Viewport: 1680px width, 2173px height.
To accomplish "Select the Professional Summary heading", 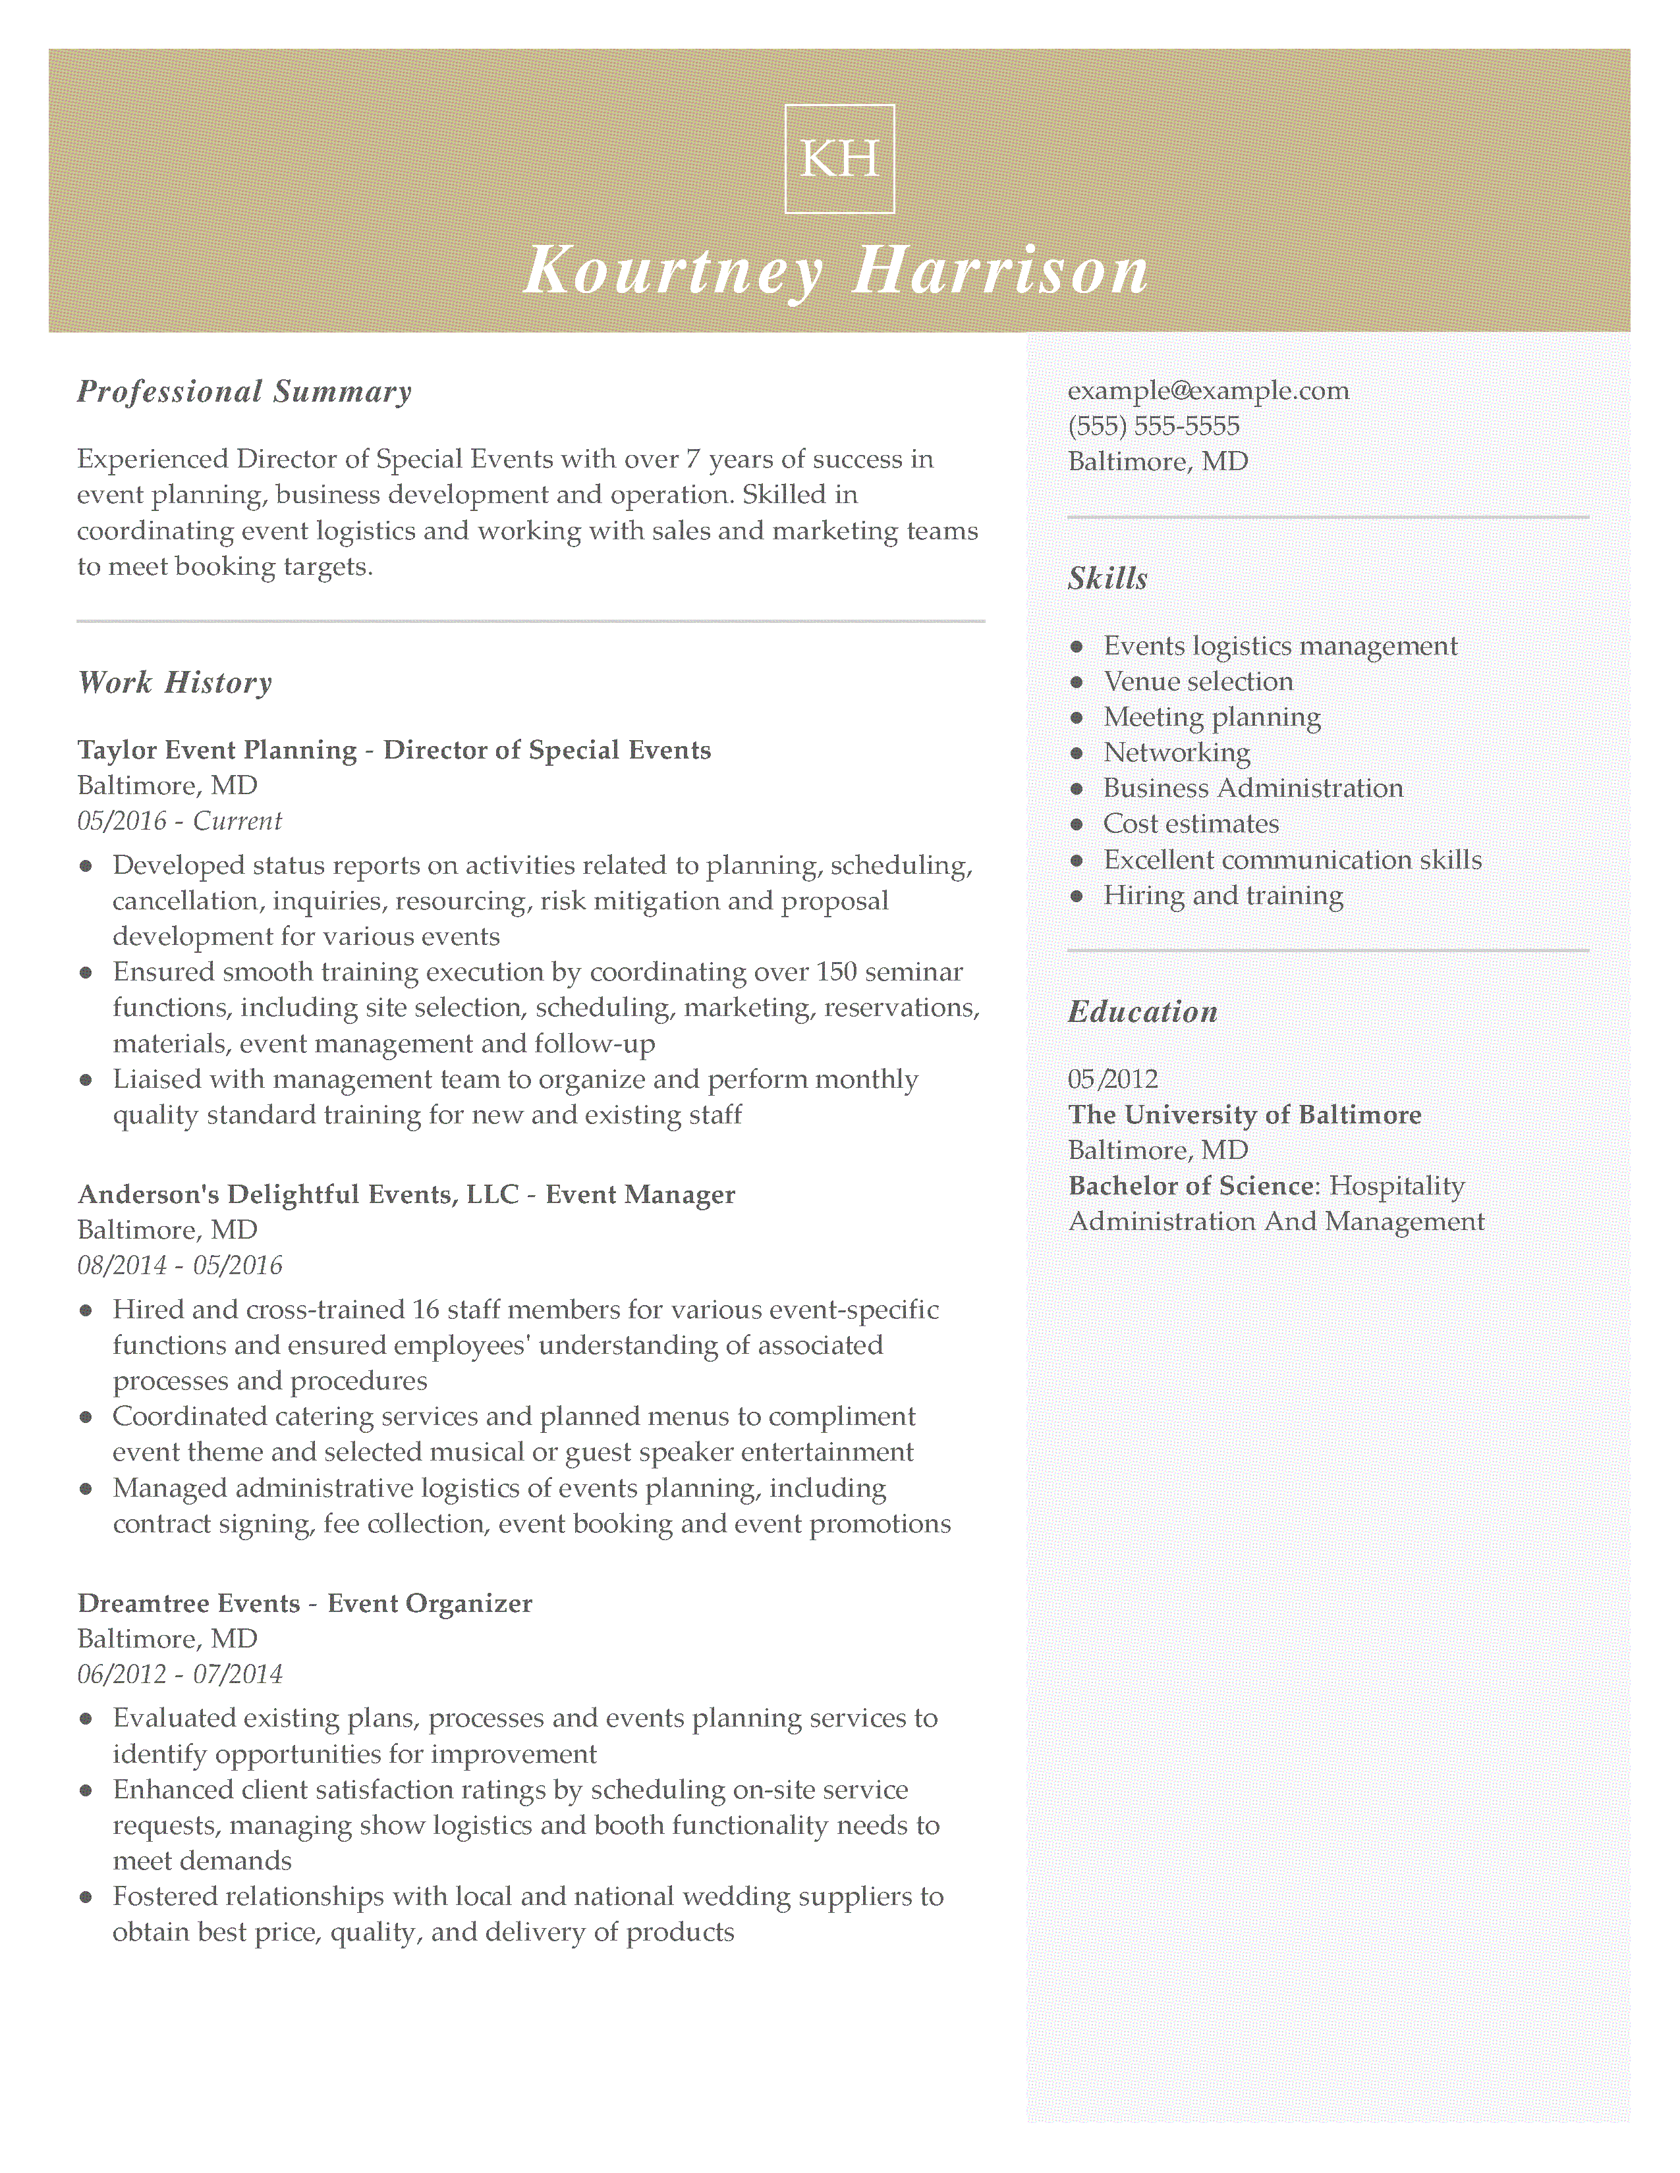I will tap(244, 391).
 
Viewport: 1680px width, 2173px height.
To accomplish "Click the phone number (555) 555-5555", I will tap(1154, 426).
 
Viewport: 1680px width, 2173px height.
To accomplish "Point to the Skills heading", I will tap(1107, 578).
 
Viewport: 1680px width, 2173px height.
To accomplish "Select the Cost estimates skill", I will tap(1190, 824).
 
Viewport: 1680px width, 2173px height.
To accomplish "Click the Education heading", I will tap(1142, 1012).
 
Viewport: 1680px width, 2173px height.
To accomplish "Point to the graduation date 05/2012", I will tap(1113, 1079).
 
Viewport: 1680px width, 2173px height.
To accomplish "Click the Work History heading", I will tap(174, 683).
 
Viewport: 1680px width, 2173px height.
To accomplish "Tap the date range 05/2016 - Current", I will tap(179, 821).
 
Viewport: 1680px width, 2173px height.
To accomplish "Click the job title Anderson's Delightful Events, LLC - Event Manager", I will tap(406, 1194).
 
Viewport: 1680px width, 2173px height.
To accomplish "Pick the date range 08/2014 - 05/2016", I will tap(179, 1266).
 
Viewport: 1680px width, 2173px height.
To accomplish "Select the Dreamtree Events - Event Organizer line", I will tap(304, 1603).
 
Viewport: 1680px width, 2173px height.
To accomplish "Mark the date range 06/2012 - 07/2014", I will tap(179, 1675).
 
